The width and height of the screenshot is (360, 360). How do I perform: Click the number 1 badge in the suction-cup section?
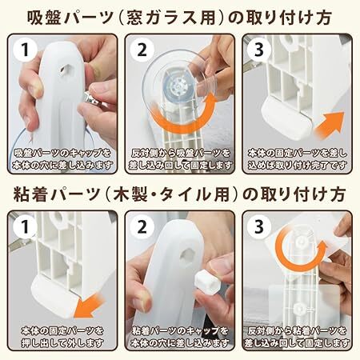coord(26,50)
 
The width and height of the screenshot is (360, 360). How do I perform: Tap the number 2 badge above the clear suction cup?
coord(142,50)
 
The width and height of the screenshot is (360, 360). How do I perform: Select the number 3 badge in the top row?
coord(259,50)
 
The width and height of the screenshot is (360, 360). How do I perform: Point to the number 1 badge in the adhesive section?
coord(26,227)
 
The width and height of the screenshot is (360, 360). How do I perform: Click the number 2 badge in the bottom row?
coord(142,227)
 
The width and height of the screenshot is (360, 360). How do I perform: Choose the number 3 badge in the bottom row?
coord(259,227)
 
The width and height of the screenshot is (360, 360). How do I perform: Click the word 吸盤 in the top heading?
coord(41,18)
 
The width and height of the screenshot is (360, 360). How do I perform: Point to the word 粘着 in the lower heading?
coord(27,194)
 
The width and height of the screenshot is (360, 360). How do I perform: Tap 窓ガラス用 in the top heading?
coord(171,18)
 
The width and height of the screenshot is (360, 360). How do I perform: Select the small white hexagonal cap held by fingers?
coord(204,280)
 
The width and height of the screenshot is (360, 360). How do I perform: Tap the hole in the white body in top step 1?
coord(66,70)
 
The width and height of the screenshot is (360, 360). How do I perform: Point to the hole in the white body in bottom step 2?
coord(187,256)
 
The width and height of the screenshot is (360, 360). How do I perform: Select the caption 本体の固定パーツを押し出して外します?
coord(62,337)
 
